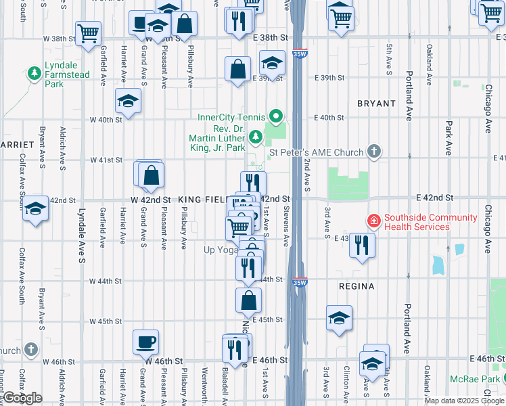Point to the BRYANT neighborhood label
click(x=376, y=104)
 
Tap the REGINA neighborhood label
click(x=356, y=286)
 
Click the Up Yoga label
click(x=220, y=250)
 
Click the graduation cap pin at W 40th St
click(x=128, y=101)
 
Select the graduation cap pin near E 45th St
click(x=338, y=318)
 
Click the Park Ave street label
click(x=448, y=129)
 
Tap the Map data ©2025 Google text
click(x=464, y=401)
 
